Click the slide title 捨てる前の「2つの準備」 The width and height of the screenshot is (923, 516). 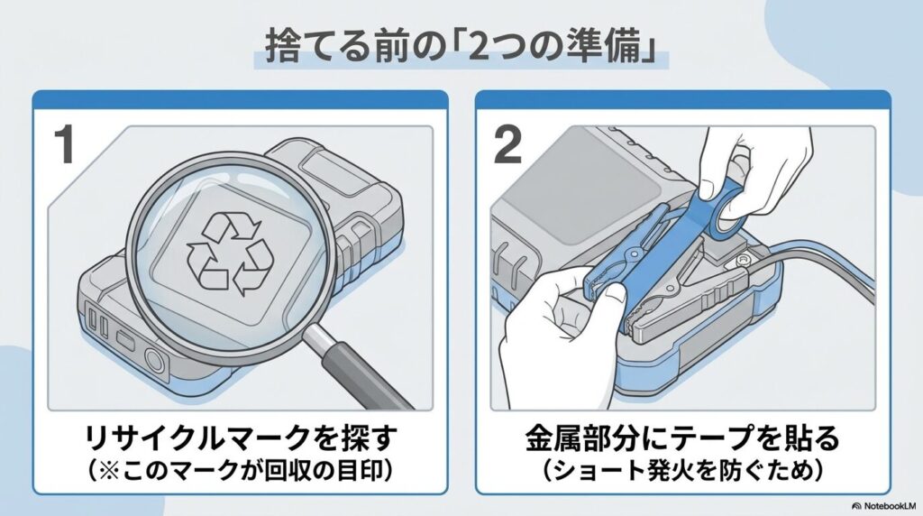tap(461, 45)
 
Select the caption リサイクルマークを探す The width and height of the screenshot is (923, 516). tap(241, 440)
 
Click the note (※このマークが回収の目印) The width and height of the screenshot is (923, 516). tap(241, 470)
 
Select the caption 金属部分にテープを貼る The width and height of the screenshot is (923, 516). tap(682, 440)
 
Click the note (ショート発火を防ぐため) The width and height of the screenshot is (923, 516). tap(682, 470)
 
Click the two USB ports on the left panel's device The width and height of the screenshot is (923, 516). tap(96, 324)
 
